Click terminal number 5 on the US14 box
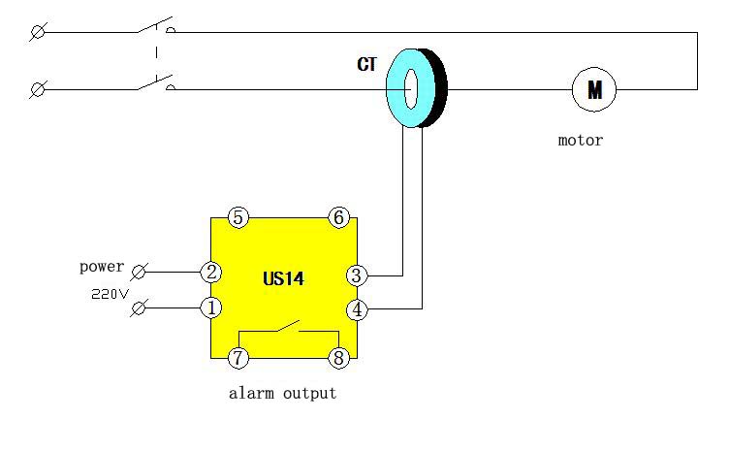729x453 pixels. click(x=238, y=217)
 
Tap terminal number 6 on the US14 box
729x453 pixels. click(x=339, y=217)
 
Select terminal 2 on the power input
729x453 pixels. click(x=210, y=272)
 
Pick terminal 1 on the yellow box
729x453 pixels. click(x=210, y=307)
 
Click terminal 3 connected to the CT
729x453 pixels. click(x=357, y=275)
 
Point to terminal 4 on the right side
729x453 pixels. click(x=357, y=309)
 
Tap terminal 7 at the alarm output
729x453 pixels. click(x=238, y=358)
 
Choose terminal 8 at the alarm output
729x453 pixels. click(x=339, y=358)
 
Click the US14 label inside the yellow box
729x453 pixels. click(x=283, y=278)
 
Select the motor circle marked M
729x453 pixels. click(x=594, y=89)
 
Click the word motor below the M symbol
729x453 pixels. click(x=581, y=140)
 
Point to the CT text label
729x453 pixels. click(x=366, y=64)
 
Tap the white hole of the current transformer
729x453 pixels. click(x=411, y=89)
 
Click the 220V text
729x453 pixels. click(x=110, y=294)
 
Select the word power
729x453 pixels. click(x=102, y=267)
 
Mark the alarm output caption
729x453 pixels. click(x=282, y=394)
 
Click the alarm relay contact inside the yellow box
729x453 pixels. click(x=288, y=326)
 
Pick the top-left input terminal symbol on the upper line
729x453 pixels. click(x=38, y=32)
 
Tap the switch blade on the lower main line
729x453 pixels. click(x=155, y=82)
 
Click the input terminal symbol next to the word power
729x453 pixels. click(x=139, y=272)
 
